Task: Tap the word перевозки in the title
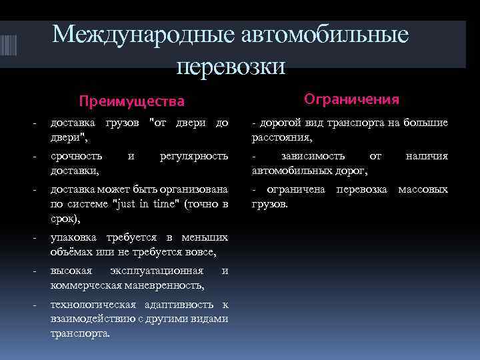pyautogui.click(x=231, y=65)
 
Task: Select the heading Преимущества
pyautogui.click(x=131, y=101)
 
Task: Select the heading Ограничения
pyautogui.click(x=351, y=99)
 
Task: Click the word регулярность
pyautogui.click(x=195, y=156)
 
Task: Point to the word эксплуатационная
pyautogui.click(x=166, y=271)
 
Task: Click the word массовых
pyautogui.click(x=423, y=189)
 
